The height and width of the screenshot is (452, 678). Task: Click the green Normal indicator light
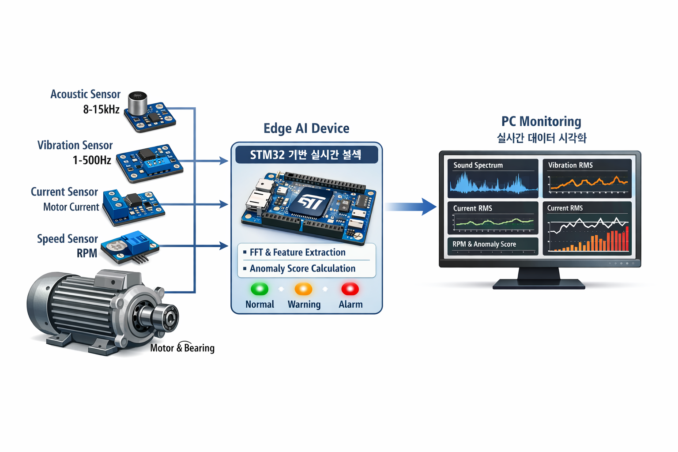click(260, 289)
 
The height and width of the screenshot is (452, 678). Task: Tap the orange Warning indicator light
click(303, 289)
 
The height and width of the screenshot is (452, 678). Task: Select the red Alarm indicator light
click(350, 289)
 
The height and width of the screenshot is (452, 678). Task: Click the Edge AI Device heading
click(306, 128)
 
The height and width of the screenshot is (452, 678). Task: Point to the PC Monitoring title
click(541, 121)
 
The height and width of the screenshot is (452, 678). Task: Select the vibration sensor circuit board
click(149, 162)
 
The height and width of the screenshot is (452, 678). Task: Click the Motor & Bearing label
click(182, 348)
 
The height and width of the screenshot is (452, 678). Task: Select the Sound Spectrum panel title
click(478, 165)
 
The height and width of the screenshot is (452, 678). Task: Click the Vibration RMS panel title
click(570, 165)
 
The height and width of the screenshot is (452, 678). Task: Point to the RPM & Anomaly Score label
click(484, 244)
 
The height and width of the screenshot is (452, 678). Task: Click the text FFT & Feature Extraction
click(298, 252)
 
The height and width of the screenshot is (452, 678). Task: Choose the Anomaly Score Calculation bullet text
click(302, 268)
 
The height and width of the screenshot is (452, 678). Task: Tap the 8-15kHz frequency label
click(102, 109)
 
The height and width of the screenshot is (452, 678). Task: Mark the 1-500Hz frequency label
click(92, 160)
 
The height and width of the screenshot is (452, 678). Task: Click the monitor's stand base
click(539, 284)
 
